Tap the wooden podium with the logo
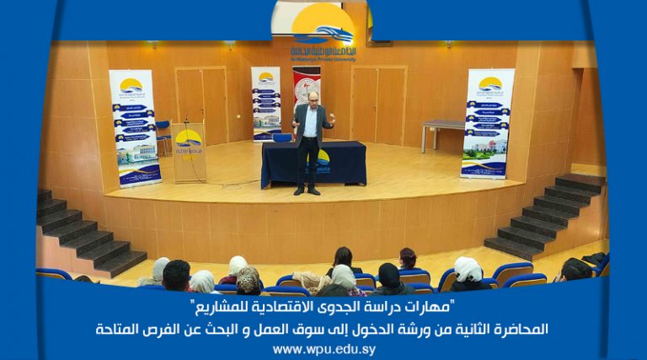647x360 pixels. pos(189,153)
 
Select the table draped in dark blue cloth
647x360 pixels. pos(313,164)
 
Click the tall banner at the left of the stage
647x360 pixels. pos(135,126)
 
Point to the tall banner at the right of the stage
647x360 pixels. pos(487,123)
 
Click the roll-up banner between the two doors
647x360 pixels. pos(265,104)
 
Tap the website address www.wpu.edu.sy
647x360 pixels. pos(323,349)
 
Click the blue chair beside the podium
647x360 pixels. pos(163,135)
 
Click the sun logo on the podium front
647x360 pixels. pos(189,138)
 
